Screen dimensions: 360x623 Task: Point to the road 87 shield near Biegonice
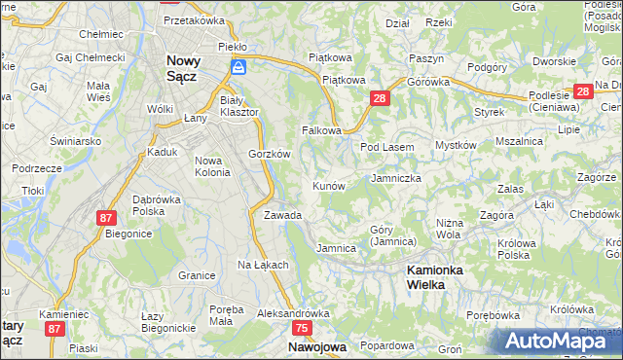[106, 218]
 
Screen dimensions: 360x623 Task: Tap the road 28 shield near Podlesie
[583, 91]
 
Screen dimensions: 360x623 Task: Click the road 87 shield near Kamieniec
[55, 329]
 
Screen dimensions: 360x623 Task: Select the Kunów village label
[328, 185]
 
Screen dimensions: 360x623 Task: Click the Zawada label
[282, 214]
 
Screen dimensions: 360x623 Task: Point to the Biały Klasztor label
[239, 106]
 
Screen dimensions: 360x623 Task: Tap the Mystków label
[455, 145]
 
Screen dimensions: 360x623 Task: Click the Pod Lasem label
[387, 147]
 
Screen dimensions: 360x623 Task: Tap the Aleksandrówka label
[293, 314]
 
